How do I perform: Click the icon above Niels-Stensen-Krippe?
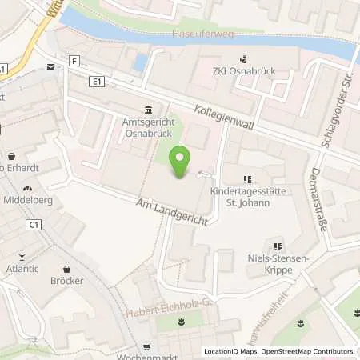point(277,247)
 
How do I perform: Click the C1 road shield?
point(34,225)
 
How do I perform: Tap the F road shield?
point(74,61)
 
